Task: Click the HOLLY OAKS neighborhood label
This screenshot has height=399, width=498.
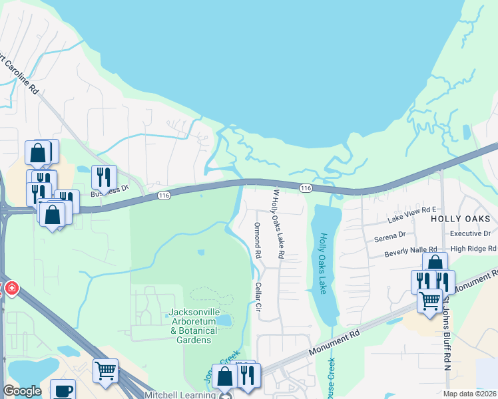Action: pos(460,218)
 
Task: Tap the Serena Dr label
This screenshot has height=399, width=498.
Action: pos(389,235)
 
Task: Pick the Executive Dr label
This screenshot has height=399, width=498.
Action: pos(469,234)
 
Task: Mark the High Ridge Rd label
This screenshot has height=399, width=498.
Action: pos(473,249)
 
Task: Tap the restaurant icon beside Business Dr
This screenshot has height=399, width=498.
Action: pos(104,177)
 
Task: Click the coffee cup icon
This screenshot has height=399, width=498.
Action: pos(63,391)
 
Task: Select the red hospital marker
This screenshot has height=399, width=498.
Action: pos(11,289)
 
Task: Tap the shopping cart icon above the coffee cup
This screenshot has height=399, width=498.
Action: pos(105,370)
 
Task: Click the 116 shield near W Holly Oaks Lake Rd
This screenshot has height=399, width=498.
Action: pos(306,189)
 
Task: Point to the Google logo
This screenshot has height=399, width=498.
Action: pos(22,391)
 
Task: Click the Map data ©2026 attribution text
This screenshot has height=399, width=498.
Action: pos(469,394)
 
